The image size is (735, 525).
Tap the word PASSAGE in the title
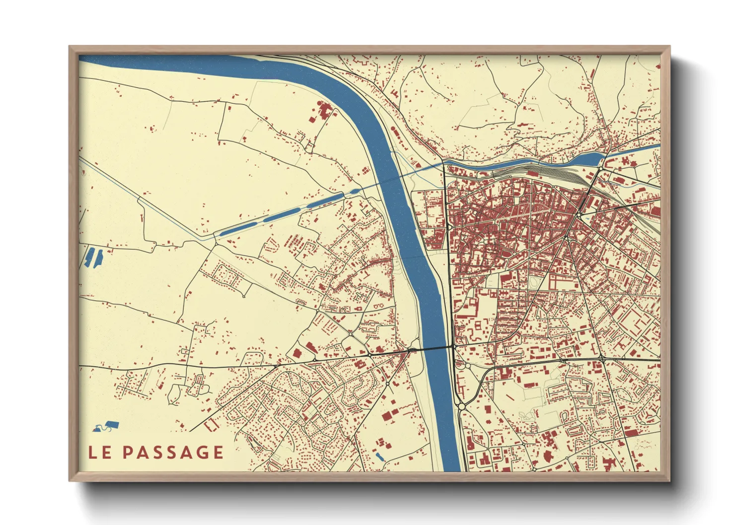coord(173,452)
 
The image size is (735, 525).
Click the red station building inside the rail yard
coord(533,174)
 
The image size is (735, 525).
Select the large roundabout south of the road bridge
coord(462,406)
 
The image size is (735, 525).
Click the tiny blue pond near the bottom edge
coord(380,457)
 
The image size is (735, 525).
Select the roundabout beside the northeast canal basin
coord(601,169)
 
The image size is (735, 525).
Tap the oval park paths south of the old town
coord(534,282)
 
